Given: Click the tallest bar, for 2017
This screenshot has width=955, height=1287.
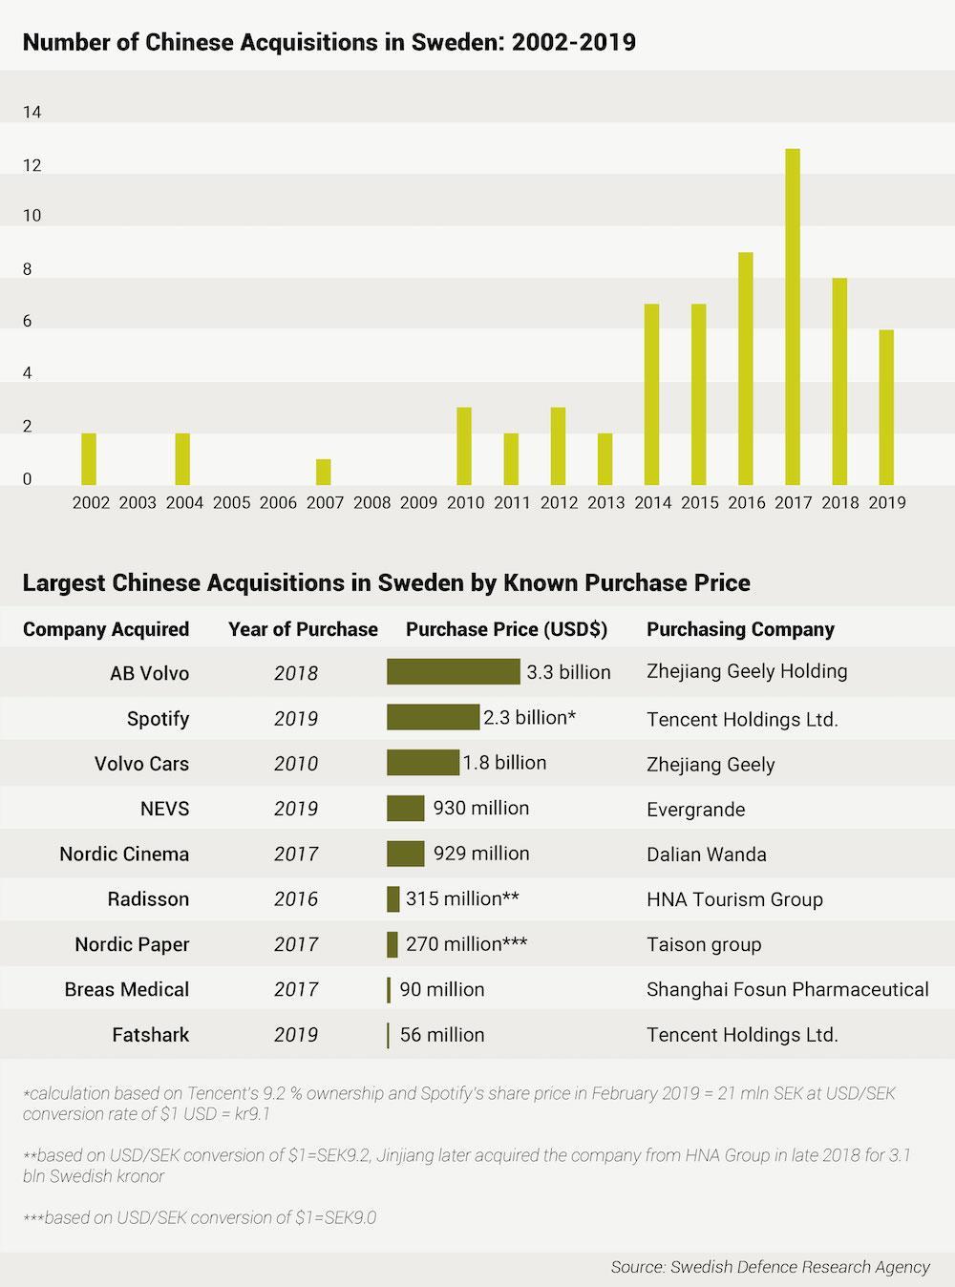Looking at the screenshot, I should click(x=793, y=317).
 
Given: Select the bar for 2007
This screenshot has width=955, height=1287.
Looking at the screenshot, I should click(x=324, y=472).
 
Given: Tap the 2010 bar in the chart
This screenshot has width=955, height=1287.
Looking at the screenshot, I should click(x=464, y=446).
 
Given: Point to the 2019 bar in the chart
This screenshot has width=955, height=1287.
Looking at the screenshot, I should click(x=886, y=407).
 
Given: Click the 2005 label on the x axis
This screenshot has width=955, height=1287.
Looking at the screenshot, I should click(x=231, y=502).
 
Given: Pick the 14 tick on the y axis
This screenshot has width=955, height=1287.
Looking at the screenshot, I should click(x=32, y=113).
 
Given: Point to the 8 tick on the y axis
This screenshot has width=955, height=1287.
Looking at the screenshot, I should click(x=28, y=269).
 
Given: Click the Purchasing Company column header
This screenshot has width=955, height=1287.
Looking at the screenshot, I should click(x=740, y=629).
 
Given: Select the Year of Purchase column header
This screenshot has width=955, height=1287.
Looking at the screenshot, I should click(x=303, y=629).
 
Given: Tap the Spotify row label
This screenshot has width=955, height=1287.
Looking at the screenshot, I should click(x=158, y=718).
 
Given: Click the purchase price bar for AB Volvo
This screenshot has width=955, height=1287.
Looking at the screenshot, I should click(x=453, y=672).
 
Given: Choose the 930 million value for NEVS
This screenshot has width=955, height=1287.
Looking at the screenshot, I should click(x=480, y=808).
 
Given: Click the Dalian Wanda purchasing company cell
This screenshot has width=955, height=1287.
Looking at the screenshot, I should click(x=706, y=854).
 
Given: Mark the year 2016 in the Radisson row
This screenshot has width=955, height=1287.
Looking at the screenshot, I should click(x=295, y=899).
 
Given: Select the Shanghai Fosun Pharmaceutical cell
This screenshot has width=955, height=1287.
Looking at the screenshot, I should click(x=787, y=989).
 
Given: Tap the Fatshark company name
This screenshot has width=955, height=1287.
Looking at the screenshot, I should click(x=150, y=1035).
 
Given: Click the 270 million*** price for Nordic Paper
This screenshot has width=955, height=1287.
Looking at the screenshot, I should click(x=466, y=944).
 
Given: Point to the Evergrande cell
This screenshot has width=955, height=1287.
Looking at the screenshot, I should click(x=695, y=810).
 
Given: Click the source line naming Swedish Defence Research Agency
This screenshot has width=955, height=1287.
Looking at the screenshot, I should click(x=770, y=1267).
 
